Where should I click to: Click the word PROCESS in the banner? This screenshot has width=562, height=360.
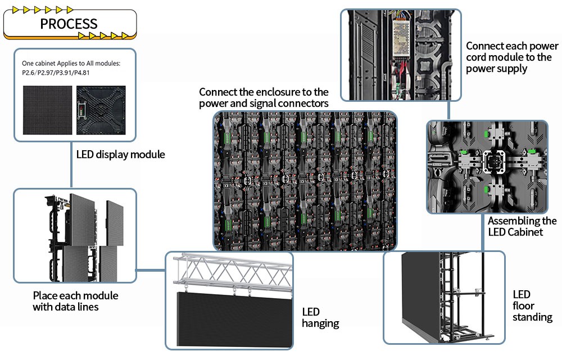(x=69, y=24)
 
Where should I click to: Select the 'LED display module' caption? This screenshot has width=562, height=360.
(x=120, y=154)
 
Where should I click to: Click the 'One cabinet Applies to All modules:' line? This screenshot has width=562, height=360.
(x=71, y=64)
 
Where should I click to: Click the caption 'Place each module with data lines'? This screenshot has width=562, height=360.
(x=75, y=300)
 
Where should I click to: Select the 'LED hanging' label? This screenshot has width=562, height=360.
(x=320, y=317)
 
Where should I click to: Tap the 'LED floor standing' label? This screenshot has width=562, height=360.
(x=532, y=306)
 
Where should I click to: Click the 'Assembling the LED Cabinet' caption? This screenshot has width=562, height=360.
(x=522, y=226)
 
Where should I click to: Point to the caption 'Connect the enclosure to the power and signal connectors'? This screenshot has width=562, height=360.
(x=264, y=97)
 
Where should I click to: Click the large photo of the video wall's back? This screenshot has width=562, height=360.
(x=305, y=180)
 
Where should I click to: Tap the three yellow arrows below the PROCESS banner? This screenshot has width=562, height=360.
(x=103, y=36)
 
